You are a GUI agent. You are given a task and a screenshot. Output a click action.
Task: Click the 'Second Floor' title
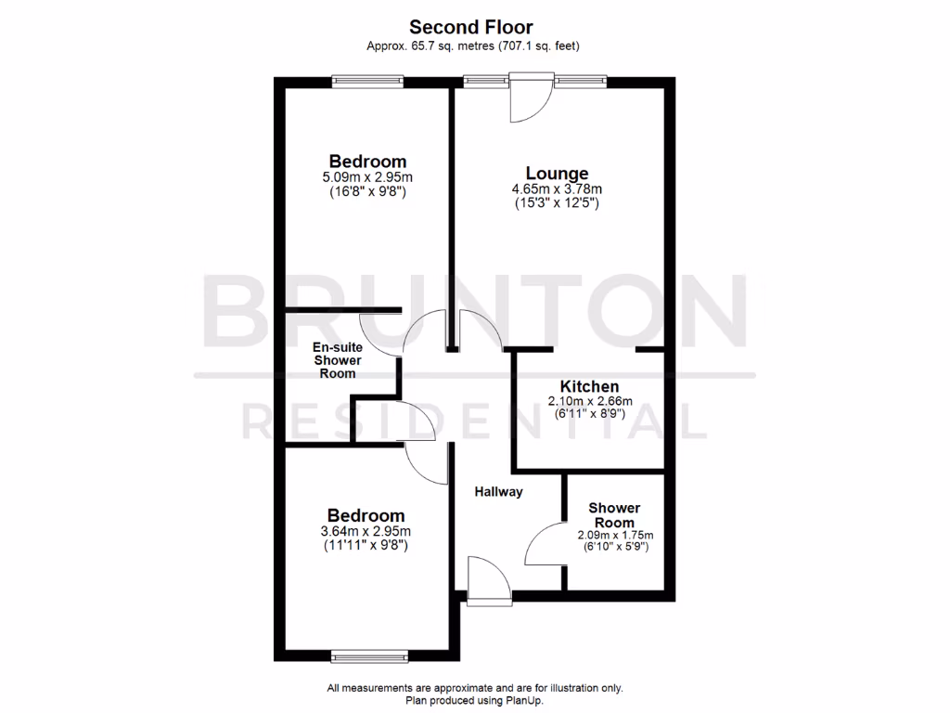(x=471, y=27)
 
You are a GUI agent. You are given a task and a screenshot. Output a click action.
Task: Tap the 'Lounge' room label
(x=557, y=173)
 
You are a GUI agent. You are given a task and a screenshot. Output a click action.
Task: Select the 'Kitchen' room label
(x=589, y=386)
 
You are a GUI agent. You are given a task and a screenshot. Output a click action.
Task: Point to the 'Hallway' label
(x=498, y=492)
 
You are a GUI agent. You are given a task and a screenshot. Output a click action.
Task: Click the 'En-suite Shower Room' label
(x=337, y=359)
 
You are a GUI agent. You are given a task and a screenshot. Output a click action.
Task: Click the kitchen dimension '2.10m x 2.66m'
(x=589, y=401)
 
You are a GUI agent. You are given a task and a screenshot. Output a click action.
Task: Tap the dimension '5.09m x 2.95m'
(x=369, y=178)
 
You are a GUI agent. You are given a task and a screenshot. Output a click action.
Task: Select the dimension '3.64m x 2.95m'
(x=366, y=531)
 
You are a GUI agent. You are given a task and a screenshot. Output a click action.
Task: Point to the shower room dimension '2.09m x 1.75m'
(x=615, y=535)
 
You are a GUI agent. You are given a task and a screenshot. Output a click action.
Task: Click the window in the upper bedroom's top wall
(x=369, y=82)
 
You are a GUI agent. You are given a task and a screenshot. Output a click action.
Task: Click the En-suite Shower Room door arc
(x=379, y=332)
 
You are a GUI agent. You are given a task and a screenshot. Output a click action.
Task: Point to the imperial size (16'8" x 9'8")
(x=369, y=192)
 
